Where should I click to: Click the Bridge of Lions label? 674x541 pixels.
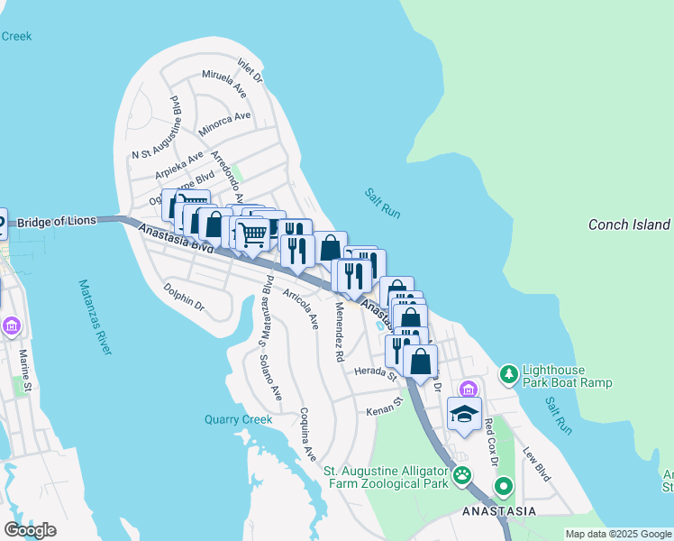57,222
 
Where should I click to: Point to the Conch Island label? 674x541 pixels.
629,225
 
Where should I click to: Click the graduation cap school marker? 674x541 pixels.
464,414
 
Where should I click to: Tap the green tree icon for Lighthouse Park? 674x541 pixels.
509,373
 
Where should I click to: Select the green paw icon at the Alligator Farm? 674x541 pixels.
462,474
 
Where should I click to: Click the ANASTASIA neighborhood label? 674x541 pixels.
498,511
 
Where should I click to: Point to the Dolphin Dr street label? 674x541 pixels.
184,298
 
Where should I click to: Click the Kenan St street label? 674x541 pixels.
383,411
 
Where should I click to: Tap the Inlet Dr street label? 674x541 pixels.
250,71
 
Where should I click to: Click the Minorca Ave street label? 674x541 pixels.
224,123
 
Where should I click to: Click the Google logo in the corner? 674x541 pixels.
30,530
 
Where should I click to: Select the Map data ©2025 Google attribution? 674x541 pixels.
617,534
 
